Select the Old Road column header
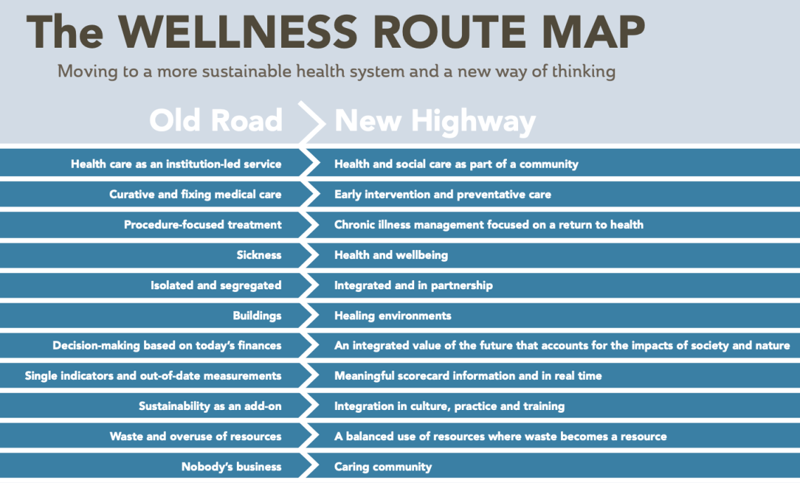click(216, 121)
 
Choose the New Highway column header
click(435, 121)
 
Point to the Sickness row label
click(259, 255)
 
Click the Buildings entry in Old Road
click(257, 315)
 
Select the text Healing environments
click(393, 315)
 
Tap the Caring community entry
click(383, 466)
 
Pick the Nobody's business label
click(231, 466)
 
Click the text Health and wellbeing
click(391, 255)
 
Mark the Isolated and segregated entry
click(216, 285)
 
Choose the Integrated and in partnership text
click(413, 285)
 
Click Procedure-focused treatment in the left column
click(202, 225)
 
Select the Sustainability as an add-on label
click(209, 406)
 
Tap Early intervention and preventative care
click(443, 194)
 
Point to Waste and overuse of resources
click(195, 436)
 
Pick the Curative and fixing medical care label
click(195, 194)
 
